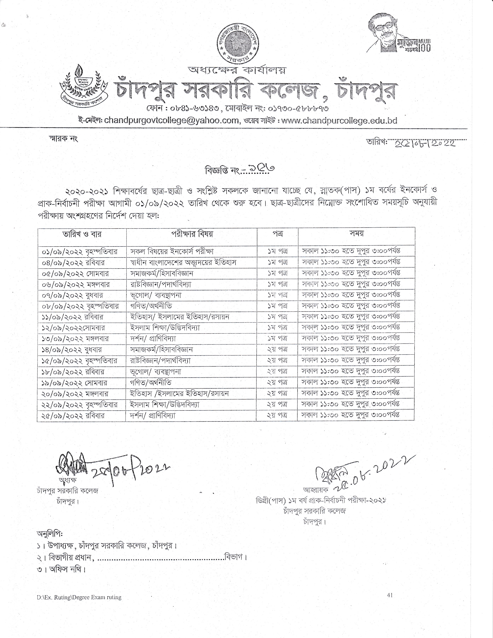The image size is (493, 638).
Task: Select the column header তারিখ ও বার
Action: (82, 234)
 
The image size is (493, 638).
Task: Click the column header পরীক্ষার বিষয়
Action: (192, 234)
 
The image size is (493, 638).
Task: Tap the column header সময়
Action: (356, 234)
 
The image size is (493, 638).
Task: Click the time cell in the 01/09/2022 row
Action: (351, 251)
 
